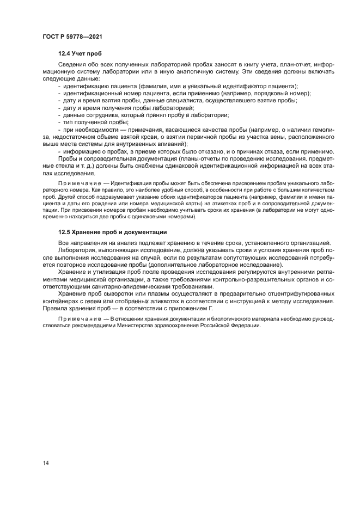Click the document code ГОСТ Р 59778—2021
tap(72, 36)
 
